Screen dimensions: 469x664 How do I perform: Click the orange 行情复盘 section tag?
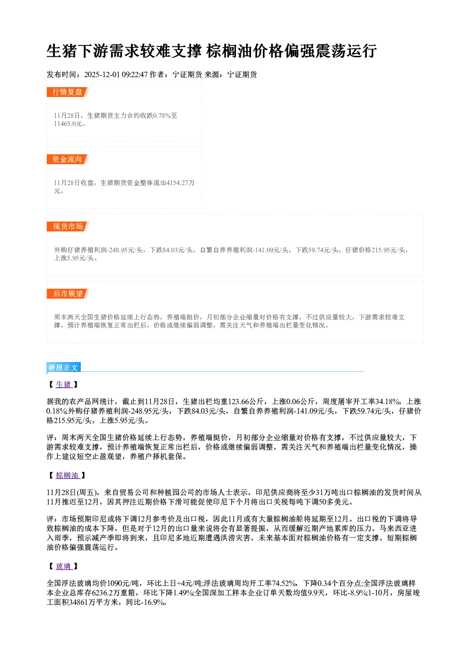68,92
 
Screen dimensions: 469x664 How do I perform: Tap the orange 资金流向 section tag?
68,159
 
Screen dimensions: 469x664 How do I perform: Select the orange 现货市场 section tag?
68,227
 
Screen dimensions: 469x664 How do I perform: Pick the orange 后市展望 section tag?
68,294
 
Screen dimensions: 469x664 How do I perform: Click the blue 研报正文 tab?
63,368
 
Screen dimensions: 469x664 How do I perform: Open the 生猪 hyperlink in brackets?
64,384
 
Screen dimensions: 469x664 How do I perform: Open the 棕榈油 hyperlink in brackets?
68,476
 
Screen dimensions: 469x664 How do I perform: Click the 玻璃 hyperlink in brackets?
64,567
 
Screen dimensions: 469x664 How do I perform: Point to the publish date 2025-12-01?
102,74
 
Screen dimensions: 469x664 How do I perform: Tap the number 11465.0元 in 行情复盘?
68,124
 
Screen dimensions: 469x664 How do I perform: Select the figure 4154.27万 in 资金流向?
181,183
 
